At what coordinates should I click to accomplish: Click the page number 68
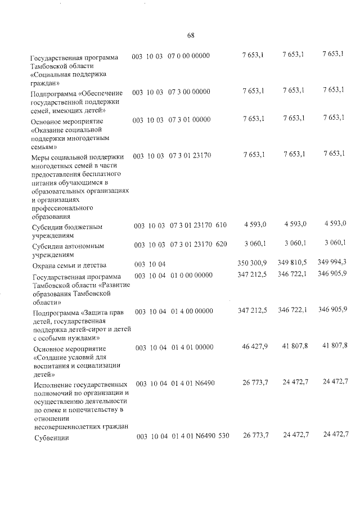[x=190, y=35]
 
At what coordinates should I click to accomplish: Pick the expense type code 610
[x=220, y=226]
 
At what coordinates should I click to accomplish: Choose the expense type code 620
[x=221, y=244]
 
